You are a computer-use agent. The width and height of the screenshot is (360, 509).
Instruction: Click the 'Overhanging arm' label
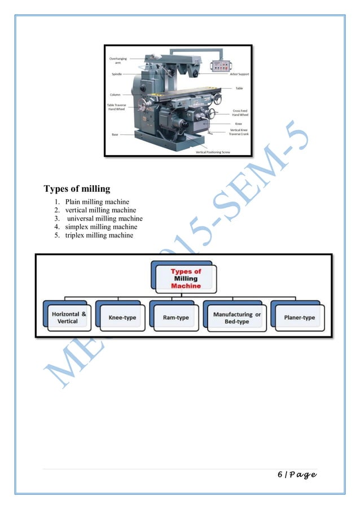(x=118, y=60)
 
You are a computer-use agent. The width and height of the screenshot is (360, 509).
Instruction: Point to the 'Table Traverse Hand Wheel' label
(x=117, y=107)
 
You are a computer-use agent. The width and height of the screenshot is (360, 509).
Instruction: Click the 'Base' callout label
(x=115, y=134)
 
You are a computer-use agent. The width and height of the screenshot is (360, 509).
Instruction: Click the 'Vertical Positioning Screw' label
(x=213, y=152)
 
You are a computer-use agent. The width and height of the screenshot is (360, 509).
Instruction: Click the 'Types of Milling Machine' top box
(x=186, y=278)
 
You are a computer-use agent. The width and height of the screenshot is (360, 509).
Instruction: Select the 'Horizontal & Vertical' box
(x=68, y=317)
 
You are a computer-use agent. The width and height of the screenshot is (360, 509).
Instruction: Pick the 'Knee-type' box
(x=122, y=318)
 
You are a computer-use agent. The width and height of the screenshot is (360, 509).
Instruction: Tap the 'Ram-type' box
(x=175, y=318)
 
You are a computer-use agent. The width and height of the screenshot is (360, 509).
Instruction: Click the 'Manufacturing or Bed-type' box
(x=236, y=318)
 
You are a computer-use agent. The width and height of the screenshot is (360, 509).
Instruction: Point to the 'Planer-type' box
(x=300, y=318)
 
